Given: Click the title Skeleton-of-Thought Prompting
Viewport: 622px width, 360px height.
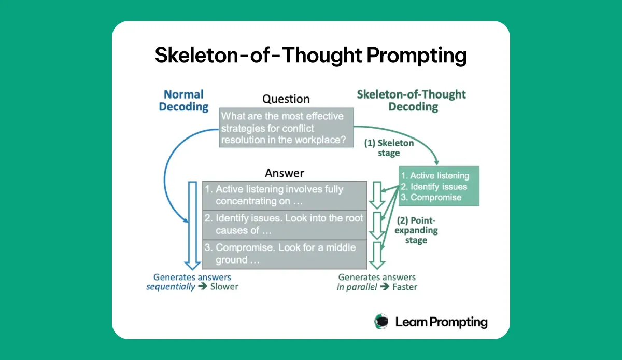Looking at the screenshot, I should coord(310,56).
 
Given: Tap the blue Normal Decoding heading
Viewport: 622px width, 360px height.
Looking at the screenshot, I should coord(183,101).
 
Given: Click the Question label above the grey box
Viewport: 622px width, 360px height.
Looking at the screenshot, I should coord(286,99).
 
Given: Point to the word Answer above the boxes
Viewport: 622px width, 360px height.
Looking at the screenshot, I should coord(285,173).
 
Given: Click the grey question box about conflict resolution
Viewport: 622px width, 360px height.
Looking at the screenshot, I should coord(286,128).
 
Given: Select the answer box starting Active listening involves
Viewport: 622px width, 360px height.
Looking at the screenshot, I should coord(285,195).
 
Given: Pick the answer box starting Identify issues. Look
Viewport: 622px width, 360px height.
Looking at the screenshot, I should coord(285,224).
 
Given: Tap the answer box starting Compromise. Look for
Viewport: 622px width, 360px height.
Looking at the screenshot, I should coord(285,254).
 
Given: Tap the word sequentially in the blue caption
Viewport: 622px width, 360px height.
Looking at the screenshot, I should coord(171,286).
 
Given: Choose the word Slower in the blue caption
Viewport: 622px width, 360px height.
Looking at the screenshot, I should coord(224,286).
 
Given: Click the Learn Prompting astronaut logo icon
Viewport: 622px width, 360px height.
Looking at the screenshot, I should coord(381,322).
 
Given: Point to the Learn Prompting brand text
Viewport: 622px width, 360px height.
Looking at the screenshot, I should coord(441,322).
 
